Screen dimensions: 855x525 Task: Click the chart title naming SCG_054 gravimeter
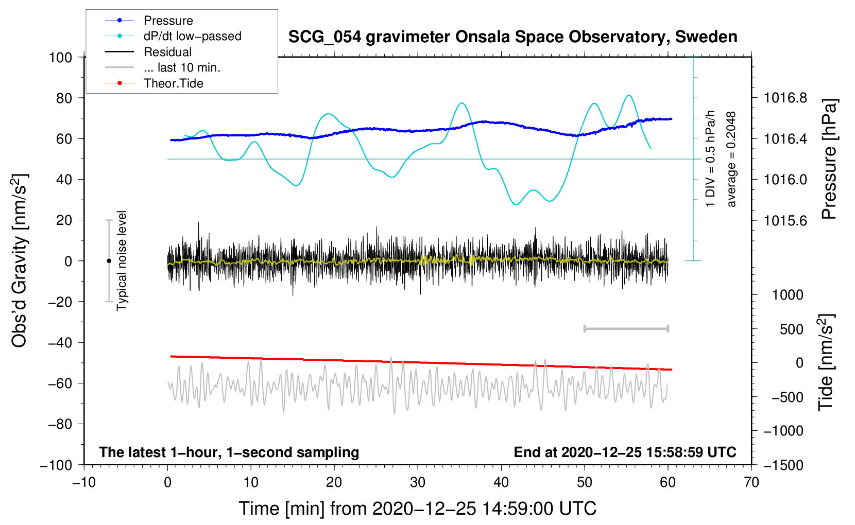click(512, 37)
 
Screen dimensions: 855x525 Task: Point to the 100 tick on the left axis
click(61, 58)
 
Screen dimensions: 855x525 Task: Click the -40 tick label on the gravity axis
click(60, 343)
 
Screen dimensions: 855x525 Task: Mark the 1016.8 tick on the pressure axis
click(785, 98)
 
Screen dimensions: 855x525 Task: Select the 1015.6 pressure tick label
click(785, 220)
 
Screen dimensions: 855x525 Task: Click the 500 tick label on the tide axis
click(791, 329)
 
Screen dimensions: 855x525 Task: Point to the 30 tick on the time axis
click(418, 483)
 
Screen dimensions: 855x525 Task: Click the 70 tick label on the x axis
click(751, 483)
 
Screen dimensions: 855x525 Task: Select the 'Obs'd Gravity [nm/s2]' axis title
click(19, 260)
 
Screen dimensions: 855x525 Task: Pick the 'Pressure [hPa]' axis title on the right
click(829, 159)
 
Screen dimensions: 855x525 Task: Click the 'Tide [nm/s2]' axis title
click(826, 362)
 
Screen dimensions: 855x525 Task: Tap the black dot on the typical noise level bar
click(109, 261)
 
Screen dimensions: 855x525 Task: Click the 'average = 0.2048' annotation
click(731, 160)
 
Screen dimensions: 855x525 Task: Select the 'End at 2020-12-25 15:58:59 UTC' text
click(625, 452)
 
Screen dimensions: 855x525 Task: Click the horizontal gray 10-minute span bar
click(626, 328)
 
